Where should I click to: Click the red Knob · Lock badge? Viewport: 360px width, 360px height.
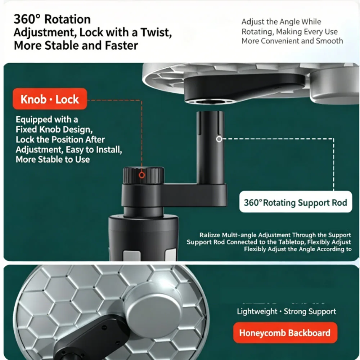(50, 99)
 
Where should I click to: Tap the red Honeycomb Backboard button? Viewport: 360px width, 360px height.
(285, 333)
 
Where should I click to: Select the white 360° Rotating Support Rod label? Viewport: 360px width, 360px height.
(296, 202)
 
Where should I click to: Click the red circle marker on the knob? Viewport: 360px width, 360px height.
(142, 175)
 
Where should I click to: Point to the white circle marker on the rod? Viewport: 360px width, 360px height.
(219, 139)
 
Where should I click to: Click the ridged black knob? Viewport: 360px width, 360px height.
(144, 175)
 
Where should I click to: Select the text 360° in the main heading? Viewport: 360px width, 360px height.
(27, 19)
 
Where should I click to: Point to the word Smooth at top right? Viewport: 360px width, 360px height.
(329, 41)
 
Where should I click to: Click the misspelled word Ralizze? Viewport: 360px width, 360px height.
(210, 235)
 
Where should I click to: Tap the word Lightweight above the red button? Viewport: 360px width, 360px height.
(257, 311)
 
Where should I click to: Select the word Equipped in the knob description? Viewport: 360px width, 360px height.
(34, 120)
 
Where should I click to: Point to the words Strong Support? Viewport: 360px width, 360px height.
(310, 311)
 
